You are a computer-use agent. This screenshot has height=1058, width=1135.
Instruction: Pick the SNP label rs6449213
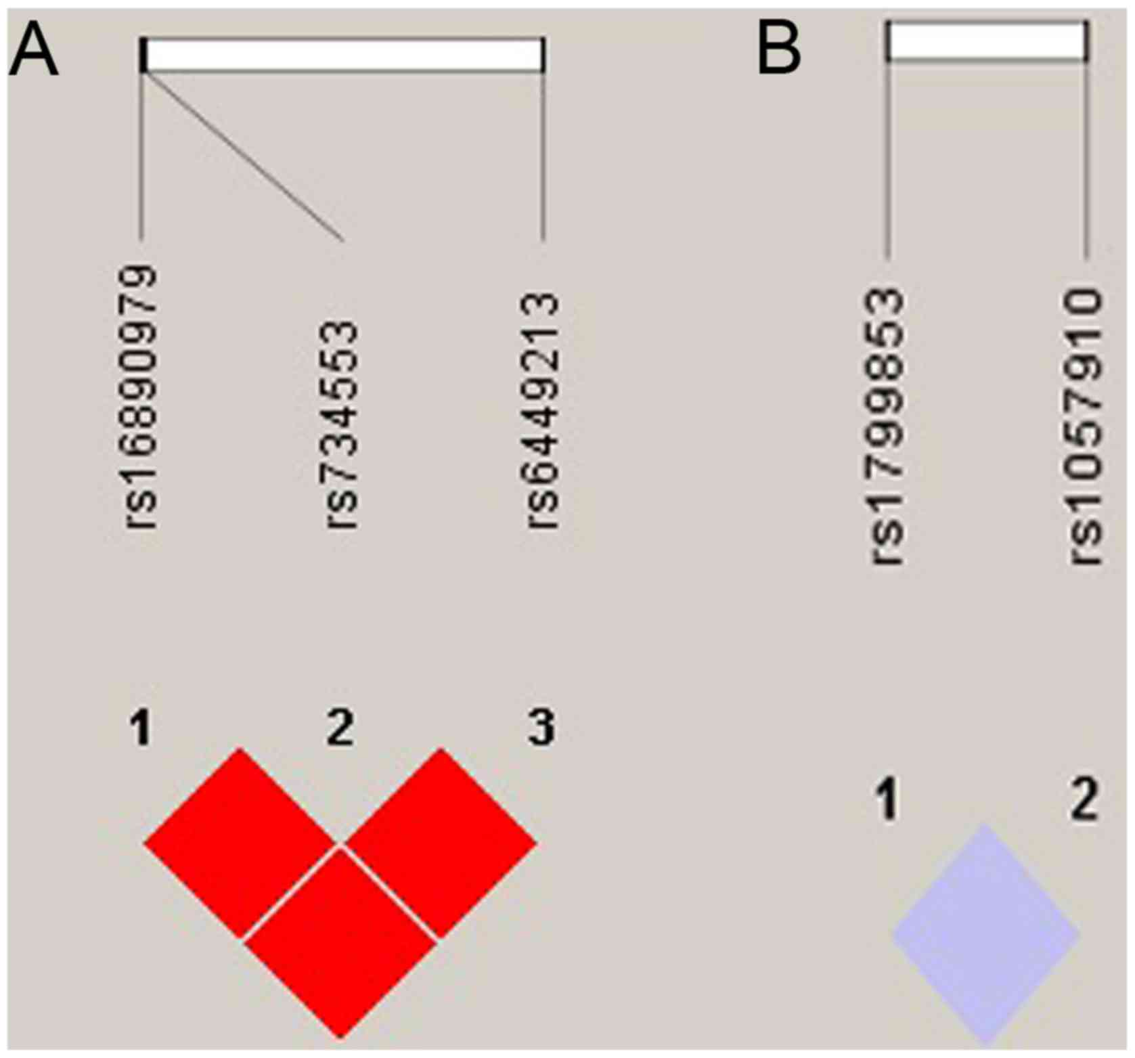click(543, 410)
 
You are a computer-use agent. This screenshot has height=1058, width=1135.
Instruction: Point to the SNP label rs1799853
click(888, 426)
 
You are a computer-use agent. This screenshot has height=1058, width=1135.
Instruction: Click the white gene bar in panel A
click(343, 55)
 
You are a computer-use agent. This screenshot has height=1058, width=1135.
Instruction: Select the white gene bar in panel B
click(987, 41)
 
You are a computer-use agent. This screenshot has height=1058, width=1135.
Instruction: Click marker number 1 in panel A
click(141, 728)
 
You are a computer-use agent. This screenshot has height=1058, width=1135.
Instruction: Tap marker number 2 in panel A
click(340, 728)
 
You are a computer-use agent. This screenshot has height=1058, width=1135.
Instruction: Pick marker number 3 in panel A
click(541, 728)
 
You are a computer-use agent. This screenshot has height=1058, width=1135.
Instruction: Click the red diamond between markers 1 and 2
click(240, 843)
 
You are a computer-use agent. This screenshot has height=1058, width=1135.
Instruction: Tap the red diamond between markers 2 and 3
click(441, 843)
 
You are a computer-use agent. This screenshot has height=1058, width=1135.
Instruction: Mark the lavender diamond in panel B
click(986, 935)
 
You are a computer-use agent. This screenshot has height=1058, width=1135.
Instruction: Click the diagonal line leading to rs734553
click(242, 156)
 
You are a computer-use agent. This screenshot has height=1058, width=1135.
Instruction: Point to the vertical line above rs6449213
click(543, 156)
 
